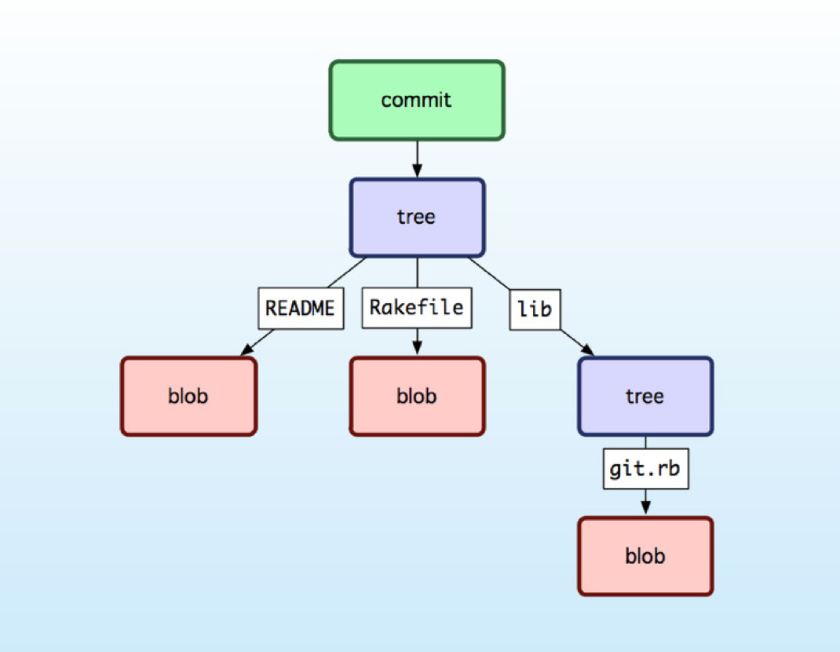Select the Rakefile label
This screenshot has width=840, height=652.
click(416, 308)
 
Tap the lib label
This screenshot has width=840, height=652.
click(535, 309)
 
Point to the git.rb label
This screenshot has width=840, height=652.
click(645, 469)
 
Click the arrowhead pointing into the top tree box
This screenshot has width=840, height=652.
click(417, 171)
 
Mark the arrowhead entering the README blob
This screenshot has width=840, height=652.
click(246, 350)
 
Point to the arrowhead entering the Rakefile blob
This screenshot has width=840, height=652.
click(417, 350)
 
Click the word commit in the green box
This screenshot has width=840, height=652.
click(416, 101)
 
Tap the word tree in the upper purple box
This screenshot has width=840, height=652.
click(416, 217)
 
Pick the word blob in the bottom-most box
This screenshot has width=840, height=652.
click(645, 556)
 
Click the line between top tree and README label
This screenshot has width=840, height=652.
click(345, 273)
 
